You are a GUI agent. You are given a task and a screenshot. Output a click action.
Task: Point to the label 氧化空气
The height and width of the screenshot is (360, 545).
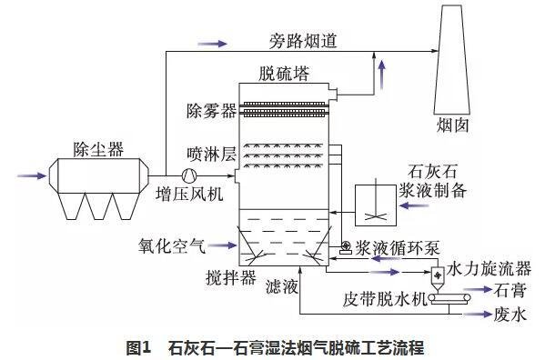pyautogui.click(x=171, y=245)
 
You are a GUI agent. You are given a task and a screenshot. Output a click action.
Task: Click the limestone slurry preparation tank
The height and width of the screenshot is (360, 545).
pyautogui.click(x=374, y=205)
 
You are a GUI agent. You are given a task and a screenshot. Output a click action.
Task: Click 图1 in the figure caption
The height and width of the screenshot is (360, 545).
pyautogui.click(x=136, y=346)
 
